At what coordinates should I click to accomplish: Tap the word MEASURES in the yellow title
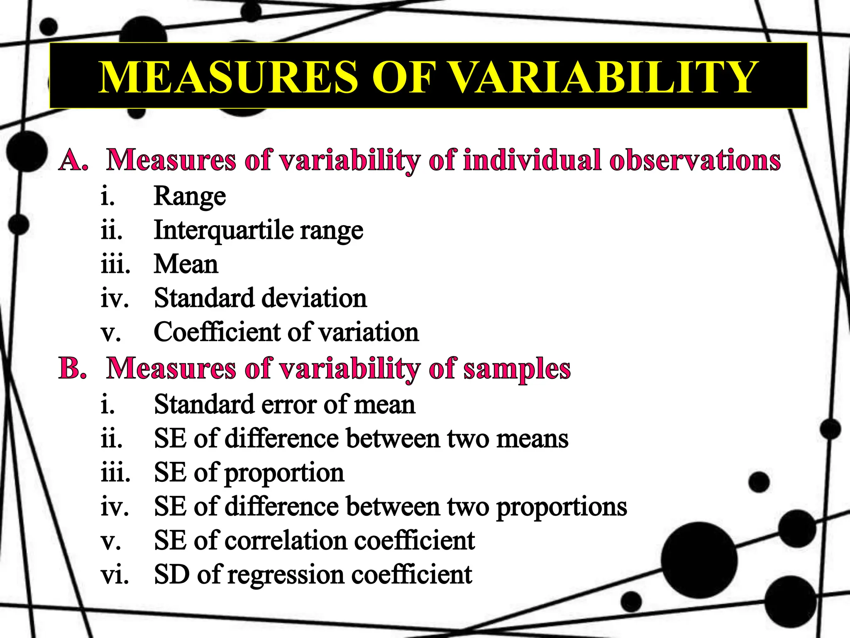tap(228, 77)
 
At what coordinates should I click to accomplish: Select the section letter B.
tap(73, 368)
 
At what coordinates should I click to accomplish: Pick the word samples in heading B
tap(517, 369)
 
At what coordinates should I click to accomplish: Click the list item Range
tap(190, 196)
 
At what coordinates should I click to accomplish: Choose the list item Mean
tap(186, 264)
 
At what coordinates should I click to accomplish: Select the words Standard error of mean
tap(284, 405)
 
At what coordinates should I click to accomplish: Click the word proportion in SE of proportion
tap(284, 474)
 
